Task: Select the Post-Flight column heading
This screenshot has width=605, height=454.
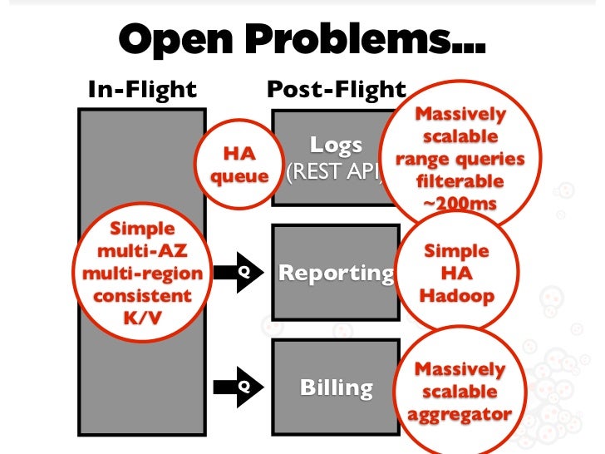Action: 337,90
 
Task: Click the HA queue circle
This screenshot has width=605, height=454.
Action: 239,165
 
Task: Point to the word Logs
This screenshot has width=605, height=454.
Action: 336,146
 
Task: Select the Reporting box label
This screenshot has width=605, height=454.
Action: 336,273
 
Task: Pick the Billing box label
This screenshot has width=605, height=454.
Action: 336,387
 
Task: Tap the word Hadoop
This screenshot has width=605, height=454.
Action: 460,296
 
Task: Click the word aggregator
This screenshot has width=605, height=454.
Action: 460,412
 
